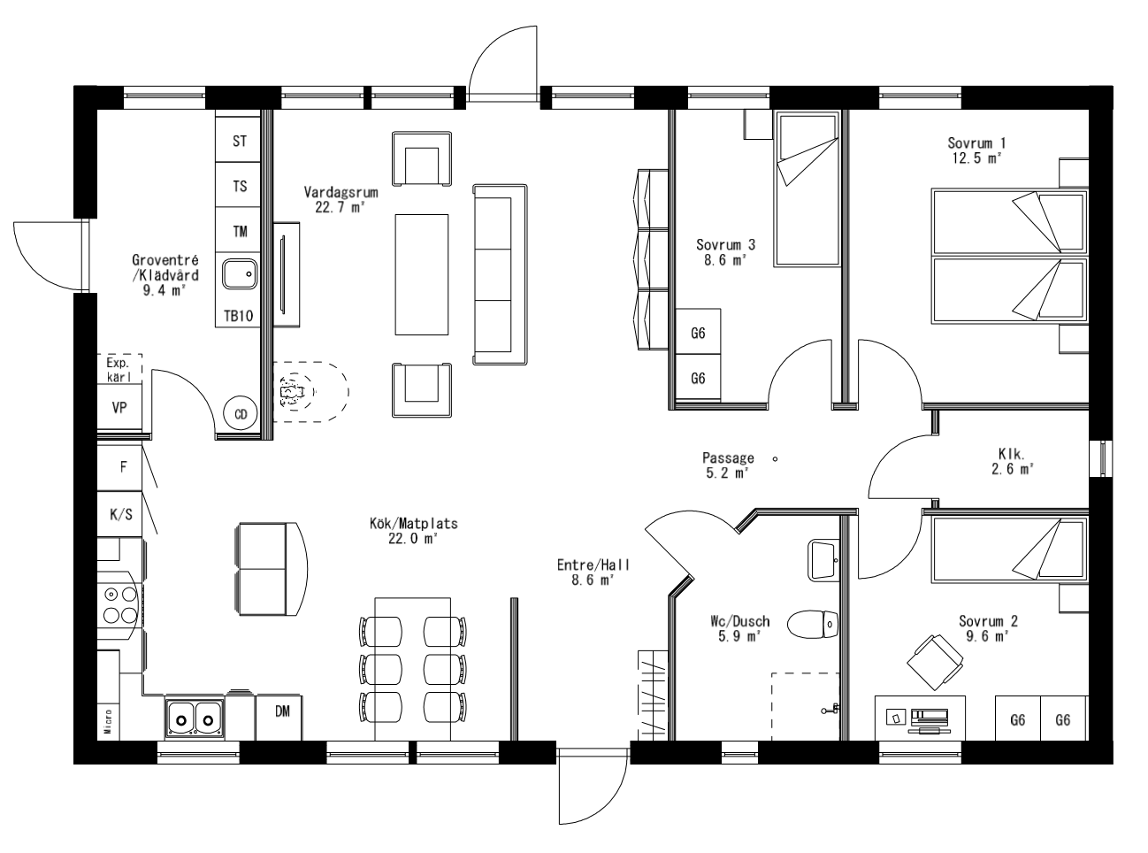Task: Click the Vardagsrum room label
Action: (x=341, y=191)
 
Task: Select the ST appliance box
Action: (x=240, y=142)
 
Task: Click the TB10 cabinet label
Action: (x=239, y=315)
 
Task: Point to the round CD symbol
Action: (x=240, y=413)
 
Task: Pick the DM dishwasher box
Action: (x=282, y=711)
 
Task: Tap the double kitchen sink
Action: (x=194, y=716)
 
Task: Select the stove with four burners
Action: (x=119, y=605)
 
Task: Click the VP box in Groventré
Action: (x=119, y=408)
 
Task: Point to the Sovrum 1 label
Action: (x=976, y=142)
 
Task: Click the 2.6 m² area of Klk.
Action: (x=1012, y=470)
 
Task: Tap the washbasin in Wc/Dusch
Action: (x=823, y=559)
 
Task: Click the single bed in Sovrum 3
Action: (x=806, y=188)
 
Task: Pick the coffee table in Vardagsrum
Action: (x=422, y=273)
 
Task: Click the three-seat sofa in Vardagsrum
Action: (x=500, y=274)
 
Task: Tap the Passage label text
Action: (x=728, y=458)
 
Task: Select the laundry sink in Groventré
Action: (x=238, y=274)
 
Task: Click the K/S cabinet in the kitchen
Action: (x=120, y=514)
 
